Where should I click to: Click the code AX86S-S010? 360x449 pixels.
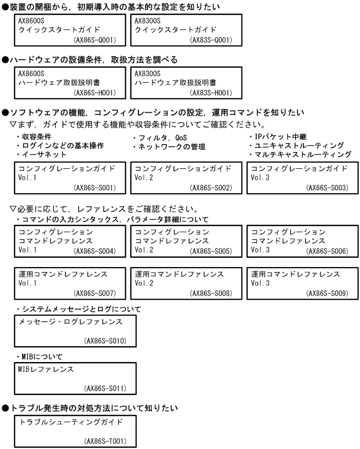pos(104,342)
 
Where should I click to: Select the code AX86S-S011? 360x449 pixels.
pos(104,388)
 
